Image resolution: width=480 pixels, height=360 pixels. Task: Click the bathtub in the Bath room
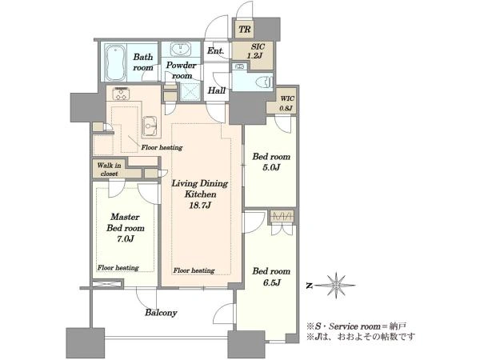tap(115, 62)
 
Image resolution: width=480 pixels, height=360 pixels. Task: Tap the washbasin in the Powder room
tap(181, 49)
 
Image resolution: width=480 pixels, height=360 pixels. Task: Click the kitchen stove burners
tap(121, 94)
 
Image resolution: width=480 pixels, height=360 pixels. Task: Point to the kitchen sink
tap(150, 126)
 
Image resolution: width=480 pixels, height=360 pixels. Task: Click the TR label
tap(245, 30)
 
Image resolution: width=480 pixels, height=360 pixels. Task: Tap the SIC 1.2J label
tap(258, 51)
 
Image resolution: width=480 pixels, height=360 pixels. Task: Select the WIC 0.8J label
tap(287, 103)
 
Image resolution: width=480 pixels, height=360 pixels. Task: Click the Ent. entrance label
tap(215, 50)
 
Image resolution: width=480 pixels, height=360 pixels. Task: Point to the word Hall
tap(217, 90)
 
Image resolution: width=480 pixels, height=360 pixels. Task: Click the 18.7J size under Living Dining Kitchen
tap(199, 206)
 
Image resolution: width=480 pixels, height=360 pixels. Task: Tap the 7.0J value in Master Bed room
tap(125, 239)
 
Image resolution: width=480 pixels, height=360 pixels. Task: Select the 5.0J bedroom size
tap(271, 167)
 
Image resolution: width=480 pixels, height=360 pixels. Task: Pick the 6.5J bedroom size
tap(271, 282)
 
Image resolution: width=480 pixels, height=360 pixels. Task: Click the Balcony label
tap(161, 313)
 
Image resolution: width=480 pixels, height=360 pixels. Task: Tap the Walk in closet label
tap(110, 170)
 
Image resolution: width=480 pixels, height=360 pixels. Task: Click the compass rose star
tap(336, 286)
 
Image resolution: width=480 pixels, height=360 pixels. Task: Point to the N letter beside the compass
tap(310, 286)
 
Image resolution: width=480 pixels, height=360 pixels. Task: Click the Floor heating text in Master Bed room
tap(118, 267)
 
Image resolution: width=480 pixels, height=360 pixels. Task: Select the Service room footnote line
tap(358, 326)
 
